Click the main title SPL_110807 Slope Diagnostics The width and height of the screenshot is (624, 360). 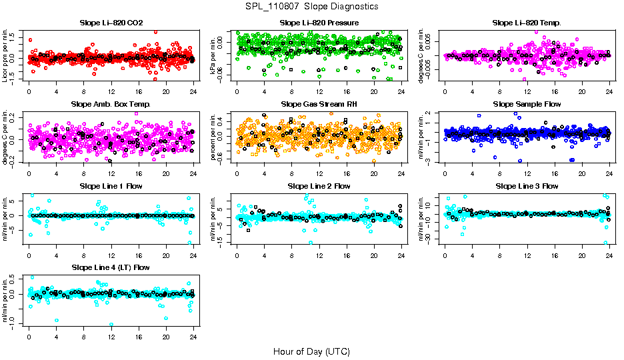312,6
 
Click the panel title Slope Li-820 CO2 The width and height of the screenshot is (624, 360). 111,23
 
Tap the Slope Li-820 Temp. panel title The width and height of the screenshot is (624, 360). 527,23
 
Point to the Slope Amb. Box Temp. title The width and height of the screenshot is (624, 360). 111,104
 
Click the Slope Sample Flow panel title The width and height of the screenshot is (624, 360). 527,104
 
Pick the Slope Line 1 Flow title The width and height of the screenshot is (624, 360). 111,186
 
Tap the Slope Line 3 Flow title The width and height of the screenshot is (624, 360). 527,186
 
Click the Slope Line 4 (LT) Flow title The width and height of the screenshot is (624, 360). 111,267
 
